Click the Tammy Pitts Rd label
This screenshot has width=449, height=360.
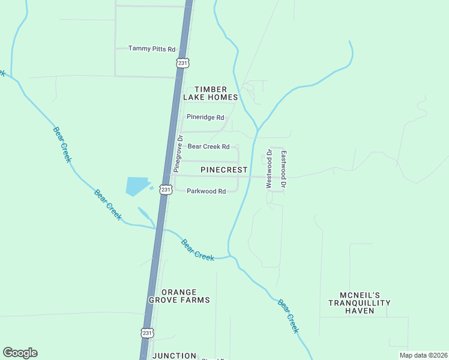[x=151, y=49]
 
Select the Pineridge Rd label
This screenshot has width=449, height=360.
[x=205, y=117]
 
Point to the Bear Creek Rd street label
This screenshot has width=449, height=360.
[x=208, y=146]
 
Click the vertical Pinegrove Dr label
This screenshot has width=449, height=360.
[x=178, y=154]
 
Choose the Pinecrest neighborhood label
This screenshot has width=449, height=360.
[x=224, y=170]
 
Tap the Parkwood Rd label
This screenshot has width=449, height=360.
[x=206, y=191]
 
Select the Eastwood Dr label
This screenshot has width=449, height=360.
[x=284, y=170]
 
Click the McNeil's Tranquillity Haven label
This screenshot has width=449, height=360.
[x=360, y=303]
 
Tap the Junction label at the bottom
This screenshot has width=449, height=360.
[x=175, y=356]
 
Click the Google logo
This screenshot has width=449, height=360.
[x=20, y=353]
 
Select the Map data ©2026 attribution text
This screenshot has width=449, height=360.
[x=423, y=355]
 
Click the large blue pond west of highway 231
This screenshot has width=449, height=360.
[x=136, y=186]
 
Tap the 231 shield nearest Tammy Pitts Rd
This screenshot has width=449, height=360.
[x=182, y=62]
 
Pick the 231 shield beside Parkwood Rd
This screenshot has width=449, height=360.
[x=166, y=190]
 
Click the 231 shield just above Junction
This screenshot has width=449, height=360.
[x=148, y=332]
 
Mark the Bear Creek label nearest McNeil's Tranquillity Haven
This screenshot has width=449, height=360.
[x=288, y=316]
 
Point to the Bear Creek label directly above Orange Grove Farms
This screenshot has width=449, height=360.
[x=197, y=250]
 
